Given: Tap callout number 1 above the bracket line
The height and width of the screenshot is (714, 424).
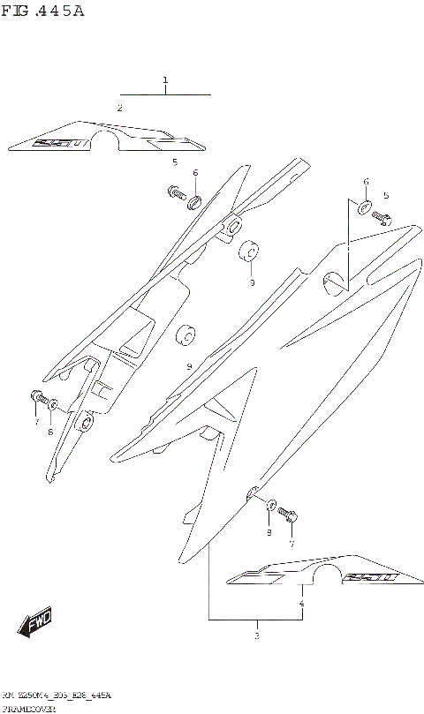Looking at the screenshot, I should (x=165, y=81).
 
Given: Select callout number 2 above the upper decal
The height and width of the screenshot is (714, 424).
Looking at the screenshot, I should (x=119, y=108).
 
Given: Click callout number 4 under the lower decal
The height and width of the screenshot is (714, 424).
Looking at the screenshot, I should (x=302, y=605).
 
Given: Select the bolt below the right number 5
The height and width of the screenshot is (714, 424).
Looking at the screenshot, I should (x=382, y=217).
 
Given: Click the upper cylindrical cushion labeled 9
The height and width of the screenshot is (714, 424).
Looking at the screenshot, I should (x=250, y=252).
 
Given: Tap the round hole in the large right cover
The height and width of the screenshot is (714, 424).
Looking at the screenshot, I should (x=333, y=282).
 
